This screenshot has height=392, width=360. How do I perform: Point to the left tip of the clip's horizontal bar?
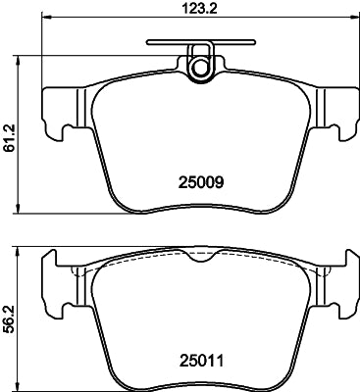(x=148, y=42)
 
